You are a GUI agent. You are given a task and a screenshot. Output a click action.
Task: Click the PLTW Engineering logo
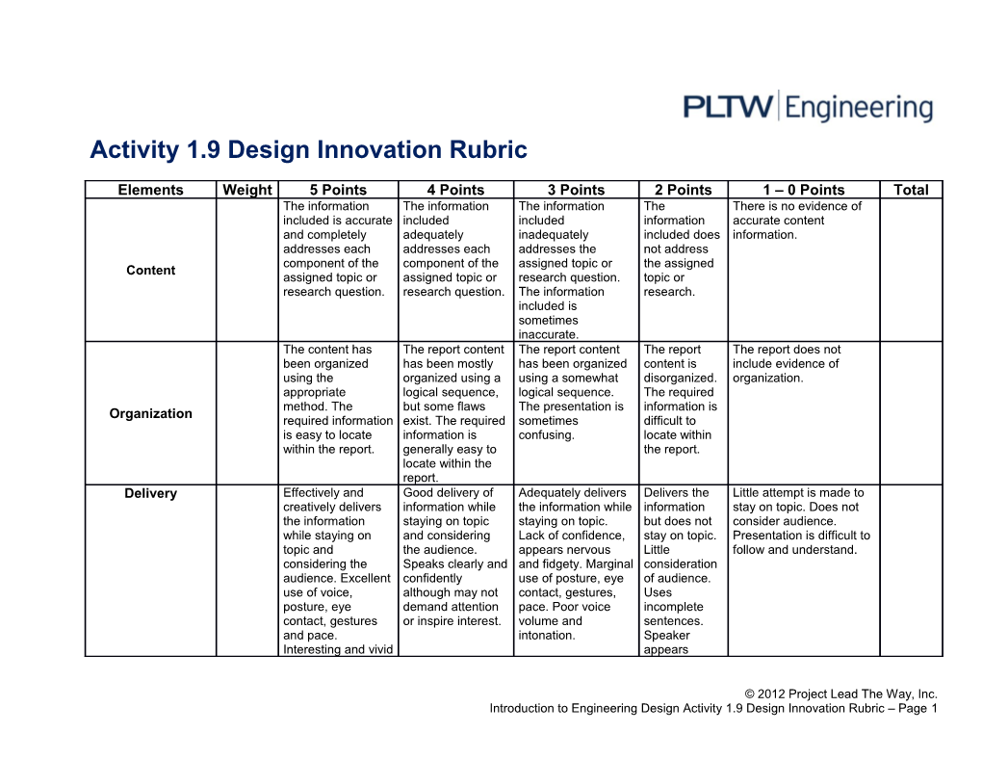[808, 106]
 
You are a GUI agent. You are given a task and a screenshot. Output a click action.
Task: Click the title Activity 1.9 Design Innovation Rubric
[308, 150]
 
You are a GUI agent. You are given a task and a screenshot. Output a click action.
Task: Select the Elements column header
[150, 190]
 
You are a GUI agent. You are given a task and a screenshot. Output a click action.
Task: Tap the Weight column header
[247, 190]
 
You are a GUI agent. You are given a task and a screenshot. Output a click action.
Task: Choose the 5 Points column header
[338, 190]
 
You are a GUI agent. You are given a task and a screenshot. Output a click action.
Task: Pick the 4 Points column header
[455, 190]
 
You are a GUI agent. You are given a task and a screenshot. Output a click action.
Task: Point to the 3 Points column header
[576, 190]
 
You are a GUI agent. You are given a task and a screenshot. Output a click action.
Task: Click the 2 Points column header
[683, 190]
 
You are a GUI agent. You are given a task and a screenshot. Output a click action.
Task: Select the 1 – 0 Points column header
[803, 190]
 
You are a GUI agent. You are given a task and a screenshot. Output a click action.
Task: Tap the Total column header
[911, 190]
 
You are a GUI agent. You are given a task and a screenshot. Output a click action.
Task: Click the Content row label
[150, 270]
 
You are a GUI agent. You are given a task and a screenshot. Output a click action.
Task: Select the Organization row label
[150, 413]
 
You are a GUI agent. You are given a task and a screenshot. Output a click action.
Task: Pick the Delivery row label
[150, 494]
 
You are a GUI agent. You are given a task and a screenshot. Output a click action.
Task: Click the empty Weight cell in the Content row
[247, 270]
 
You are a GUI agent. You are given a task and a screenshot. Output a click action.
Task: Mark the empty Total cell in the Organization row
[911, 413]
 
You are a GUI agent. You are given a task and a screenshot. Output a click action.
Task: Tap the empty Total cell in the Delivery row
[911, 570]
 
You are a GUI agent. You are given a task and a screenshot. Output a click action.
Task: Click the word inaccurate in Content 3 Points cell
[548, 335]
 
